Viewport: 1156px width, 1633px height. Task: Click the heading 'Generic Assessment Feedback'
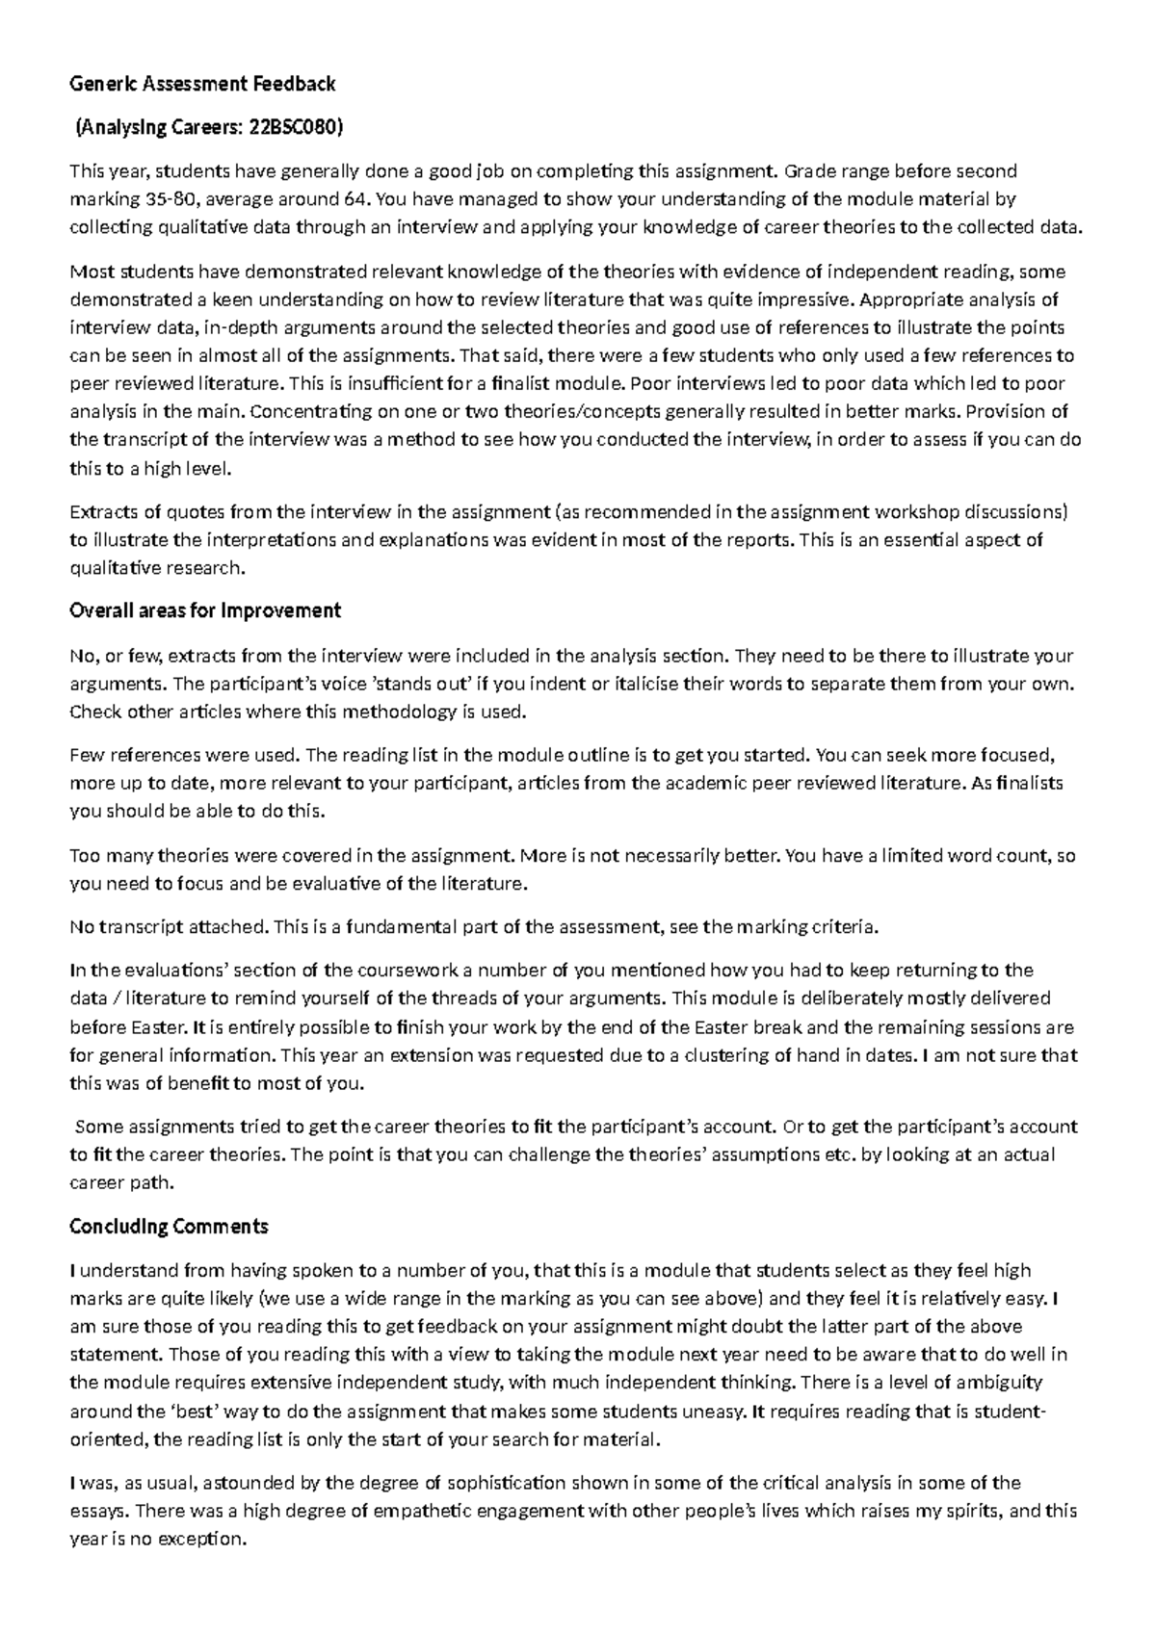point(202,84)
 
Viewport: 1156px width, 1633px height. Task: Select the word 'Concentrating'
point(309,411)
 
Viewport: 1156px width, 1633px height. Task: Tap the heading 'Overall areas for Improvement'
point(205,610)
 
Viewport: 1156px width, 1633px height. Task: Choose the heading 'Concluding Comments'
point(169,1227)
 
